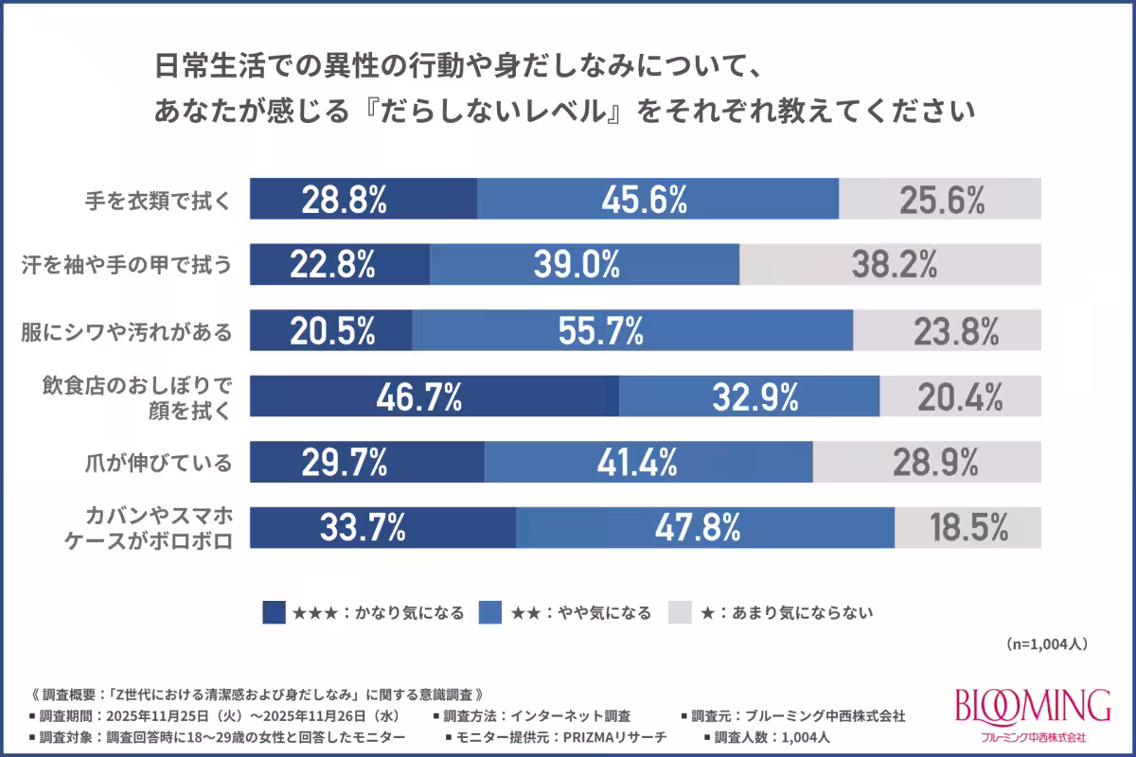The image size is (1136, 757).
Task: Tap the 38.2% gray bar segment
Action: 890,264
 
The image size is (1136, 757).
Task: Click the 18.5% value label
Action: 967,528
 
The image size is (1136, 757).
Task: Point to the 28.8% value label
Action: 345,199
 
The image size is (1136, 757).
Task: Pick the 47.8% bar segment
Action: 705,528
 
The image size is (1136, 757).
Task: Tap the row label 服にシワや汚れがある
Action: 127,331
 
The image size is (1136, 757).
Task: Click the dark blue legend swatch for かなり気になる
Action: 274,613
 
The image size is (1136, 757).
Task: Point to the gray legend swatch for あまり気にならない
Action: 681,613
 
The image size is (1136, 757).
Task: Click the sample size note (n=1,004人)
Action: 1046,643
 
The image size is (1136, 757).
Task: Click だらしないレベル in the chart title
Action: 493,111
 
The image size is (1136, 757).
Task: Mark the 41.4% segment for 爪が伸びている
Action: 648,463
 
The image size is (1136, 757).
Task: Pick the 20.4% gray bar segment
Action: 960,396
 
